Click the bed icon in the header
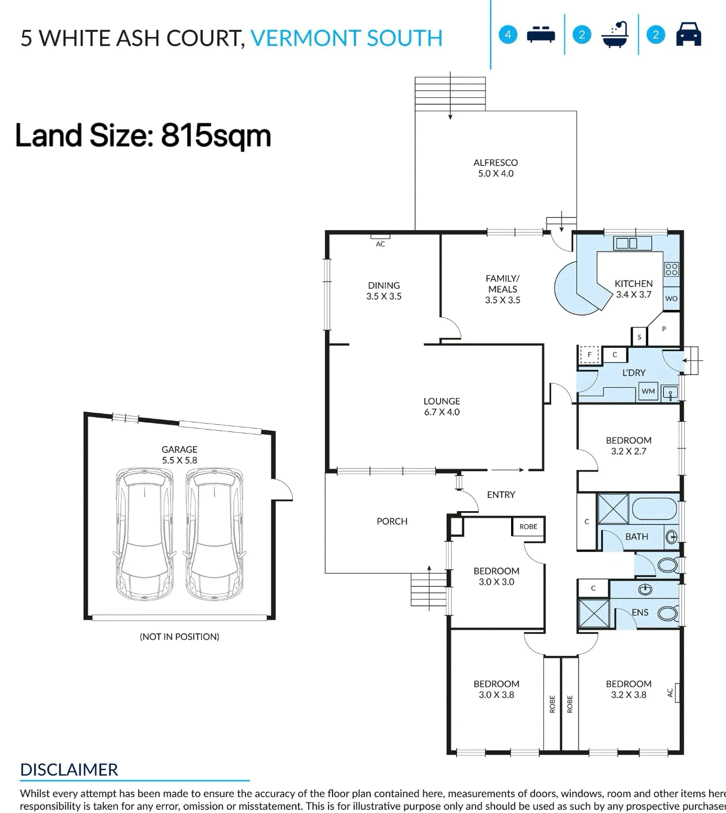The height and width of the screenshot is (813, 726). (x=541, y=34)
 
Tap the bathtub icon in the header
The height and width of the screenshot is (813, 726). (x=615, y=35)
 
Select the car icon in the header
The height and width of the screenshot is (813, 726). (x=688, y=34)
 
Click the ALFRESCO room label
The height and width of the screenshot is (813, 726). (x=495, y=163)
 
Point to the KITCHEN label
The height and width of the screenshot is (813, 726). (x=633, y=284)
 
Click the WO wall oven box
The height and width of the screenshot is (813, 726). (x=671, y=299)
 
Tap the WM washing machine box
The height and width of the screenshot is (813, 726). (x=648, y=391)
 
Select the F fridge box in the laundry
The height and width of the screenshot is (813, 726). (x=589, y=354)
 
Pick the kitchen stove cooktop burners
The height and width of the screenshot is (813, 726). (x=671, y=269)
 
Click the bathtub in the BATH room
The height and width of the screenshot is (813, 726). (x=654, y=508)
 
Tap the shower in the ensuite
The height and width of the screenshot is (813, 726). (x=594, y=614)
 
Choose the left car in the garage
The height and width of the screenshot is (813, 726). (x=145, y=534)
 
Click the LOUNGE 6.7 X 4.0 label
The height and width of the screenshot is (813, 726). (x=442, y=406)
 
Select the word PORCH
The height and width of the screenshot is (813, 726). (x=392, y=521)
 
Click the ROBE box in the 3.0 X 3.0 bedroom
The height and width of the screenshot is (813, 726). (x=528, y=527)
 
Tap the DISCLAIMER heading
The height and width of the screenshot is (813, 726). (x=69, y=770)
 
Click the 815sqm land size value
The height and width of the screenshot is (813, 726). (x=216, y=136)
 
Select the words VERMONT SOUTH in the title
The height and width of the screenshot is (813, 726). (x=346, y=38)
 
